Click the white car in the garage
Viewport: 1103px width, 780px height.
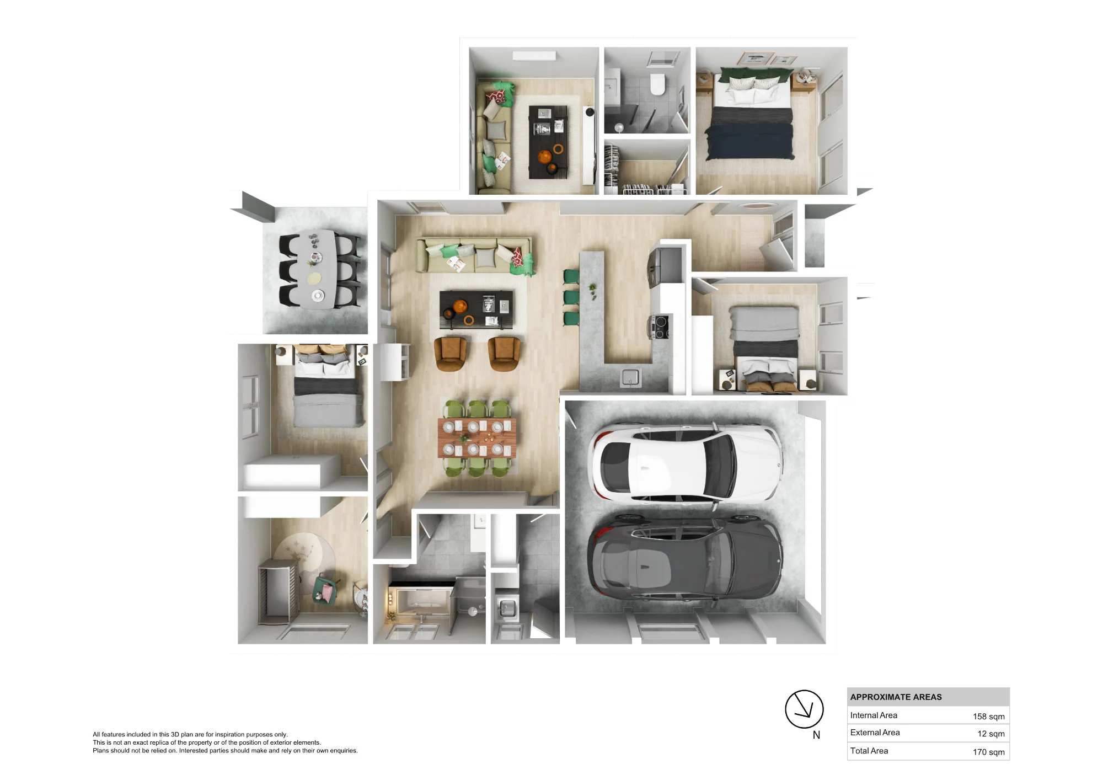coord(687,463)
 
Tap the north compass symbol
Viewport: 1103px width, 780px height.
coord(804,709)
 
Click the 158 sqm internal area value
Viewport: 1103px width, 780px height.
coord(988,716)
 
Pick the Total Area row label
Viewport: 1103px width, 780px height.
coord(869,751)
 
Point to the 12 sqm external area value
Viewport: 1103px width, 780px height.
coord(991,734)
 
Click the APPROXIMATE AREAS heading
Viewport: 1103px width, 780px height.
coord(896,697)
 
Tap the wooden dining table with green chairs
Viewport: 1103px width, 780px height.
coord(477,437)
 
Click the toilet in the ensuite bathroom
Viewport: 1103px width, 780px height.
coord(657,84)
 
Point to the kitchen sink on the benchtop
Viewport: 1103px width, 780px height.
coord(630,377)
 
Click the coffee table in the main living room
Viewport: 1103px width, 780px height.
coord(476,309)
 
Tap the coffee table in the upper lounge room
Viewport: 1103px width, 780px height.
coord(548,142)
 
